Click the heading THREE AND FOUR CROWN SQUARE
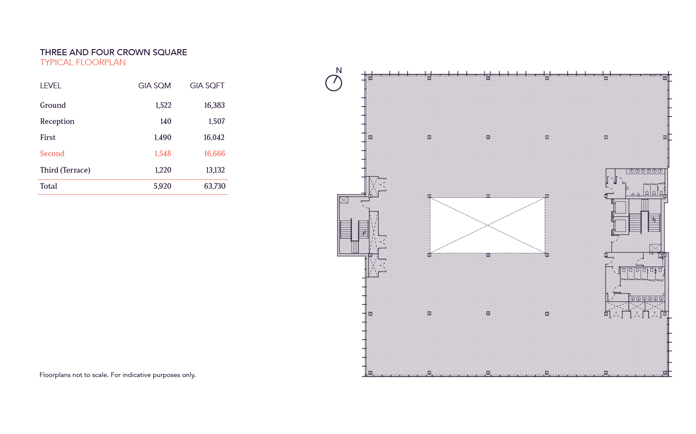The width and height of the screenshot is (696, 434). click(114, 52)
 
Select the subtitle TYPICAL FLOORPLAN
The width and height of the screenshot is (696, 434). click(83, 62)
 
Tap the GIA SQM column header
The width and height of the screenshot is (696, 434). click(154, 86)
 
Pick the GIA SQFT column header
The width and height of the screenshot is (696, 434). click(207, 86)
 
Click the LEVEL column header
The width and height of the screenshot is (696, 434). click(50, 86)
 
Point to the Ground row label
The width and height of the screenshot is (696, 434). click(53, 105)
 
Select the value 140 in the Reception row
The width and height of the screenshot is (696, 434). click(165, 121)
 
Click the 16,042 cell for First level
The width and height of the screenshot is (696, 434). click(214, 137)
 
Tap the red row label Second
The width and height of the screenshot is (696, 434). click(52, 154)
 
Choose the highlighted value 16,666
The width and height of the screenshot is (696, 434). click(214, 154)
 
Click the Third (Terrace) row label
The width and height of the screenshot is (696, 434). click(65, 170)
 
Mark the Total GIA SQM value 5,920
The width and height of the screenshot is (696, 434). click(162, 186)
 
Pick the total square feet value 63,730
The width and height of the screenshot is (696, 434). click(214, 186)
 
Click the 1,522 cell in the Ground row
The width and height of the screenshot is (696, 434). click(163, 105)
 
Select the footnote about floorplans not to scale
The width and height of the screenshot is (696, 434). click(117, 375)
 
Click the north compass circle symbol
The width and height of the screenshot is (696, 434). click(334, 83)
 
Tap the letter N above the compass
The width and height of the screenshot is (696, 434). click(339, 70)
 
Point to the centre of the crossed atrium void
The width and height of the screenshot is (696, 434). click(488, 225)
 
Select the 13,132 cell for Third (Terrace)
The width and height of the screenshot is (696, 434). click(215, 170)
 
